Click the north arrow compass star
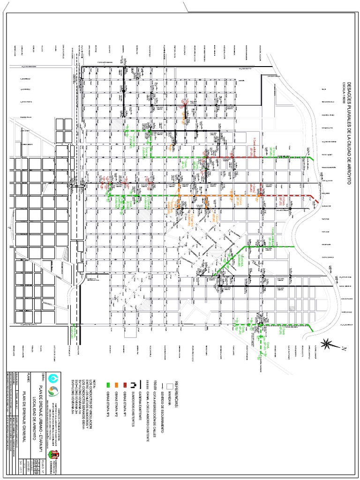(x=330, y=344)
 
